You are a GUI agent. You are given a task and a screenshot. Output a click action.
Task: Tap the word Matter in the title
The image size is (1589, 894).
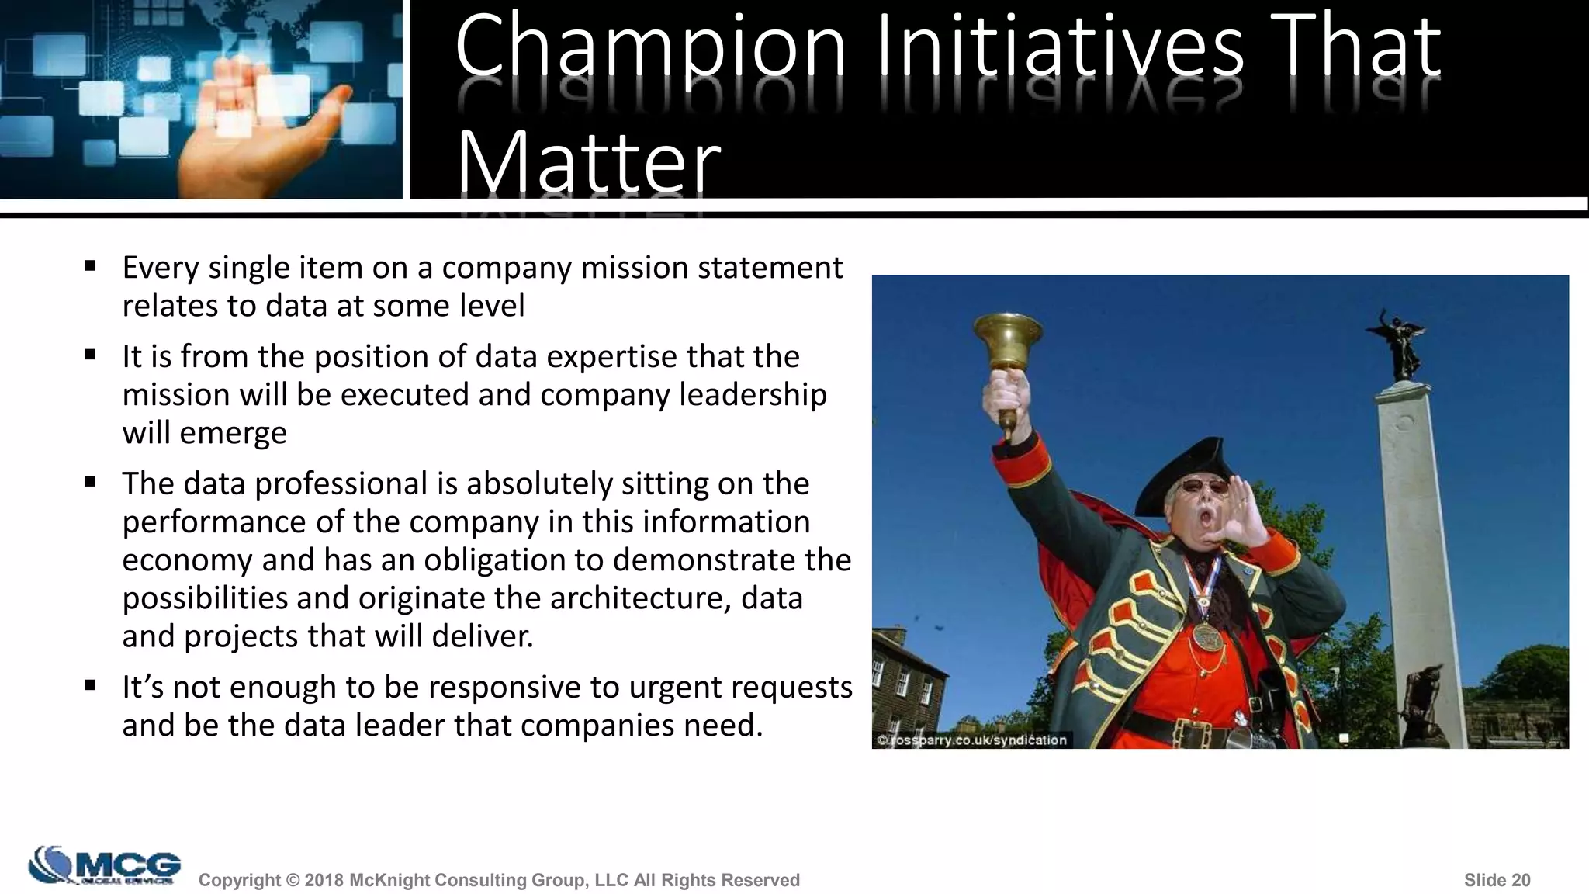click(x=588, y=163)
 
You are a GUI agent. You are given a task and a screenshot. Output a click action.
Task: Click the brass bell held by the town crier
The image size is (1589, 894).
click(x=1008, y=341)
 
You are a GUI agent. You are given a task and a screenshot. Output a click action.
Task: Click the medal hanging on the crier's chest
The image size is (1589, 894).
click(x=1207, y=636)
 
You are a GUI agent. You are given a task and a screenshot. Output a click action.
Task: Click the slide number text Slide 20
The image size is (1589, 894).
click(x=1497, y=880)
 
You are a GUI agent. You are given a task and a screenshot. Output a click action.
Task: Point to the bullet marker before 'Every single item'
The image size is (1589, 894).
click(x=91, y=266)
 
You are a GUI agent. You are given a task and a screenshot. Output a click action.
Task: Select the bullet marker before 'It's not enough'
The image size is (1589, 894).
click(x=91, y=685)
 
